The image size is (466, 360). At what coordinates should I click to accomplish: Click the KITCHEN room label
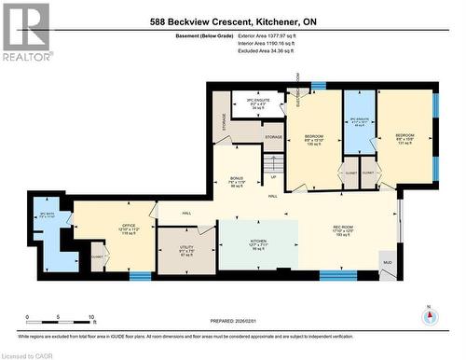click(258, 241)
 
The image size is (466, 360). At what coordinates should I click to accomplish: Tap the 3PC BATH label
click(43, 215)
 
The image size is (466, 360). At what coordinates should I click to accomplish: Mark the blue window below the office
click(141, 276)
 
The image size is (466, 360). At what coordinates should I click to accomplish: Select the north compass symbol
click(429, 314)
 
